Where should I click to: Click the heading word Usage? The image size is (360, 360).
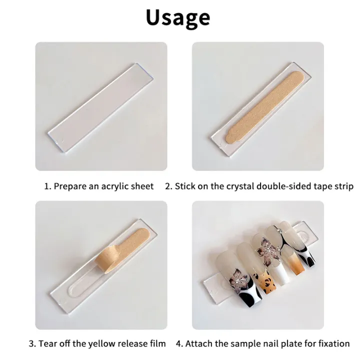(178, 17)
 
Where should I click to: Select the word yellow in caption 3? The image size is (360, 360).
(95, 343)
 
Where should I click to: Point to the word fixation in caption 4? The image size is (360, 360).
(332, 343)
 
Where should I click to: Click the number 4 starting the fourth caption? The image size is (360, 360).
(178, 343)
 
